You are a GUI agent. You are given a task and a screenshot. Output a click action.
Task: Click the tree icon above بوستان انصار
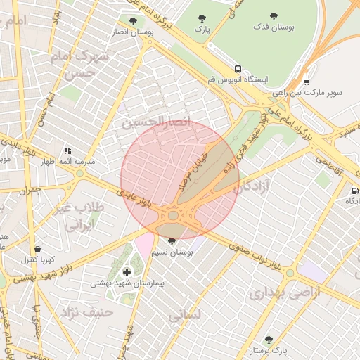[133, 22]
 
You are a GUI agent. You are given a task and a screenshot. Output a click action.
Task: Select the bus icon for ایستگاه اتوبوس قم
[238, 70]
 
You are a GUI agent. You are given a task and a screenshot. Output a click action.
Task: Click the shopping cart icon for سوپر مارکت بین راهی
[307, 81]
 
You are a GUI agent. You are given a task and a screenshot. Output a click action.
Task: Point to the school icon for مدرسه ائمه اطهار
[68, 150]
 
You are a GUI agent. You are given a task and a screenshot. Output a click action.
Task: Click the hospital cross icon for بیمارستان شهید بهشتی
[127, 272]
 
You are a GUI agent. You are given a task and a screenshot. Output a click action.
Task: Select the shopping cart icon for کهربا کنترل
[36, 249]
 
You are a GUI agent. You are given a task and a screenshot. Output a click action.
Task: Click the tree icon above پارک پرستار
[268, 338]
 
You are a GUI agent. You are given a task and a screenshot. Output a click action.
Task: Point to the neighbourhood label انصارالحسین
[157, 122]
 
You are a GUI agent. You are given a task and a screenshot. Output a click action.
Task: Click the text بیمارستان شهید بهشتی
[127, 284]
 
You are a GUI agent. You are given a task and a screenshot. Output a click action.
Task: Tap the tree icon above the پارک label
[202, 19]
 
